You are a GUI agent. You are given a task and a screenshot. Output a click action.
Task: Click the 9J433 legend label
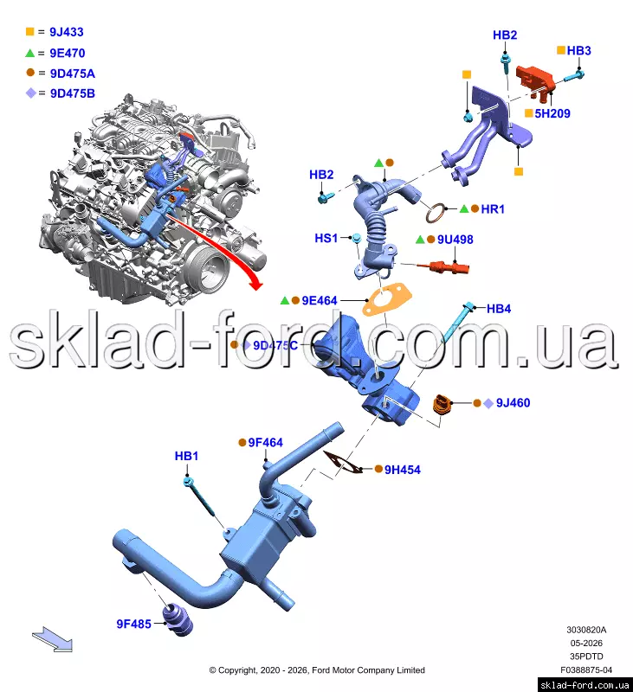pyautogui.click(x=67, y=32)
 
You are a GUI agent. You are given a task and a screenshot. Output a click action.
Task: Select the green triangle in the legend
pyautogui.click(x=29, y=53)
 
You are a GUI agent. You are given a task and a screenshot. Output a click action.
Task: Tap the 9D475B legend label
pyautogui.click(x=73, y=93)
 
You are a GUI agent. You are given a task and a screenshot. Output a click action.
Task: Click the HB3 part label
pyautogui.click(x=578, y=51)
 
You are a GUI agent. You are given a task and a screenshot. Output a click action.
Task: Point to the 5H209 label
pyautogui.click(x=552, y=113)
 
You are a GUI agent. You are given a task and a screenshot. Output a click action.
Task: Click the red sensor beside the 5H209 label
pyautogui.click(x=535, y=80)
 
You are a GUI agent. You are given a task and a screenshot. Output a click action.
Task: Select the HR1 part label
pyautogui.click(x=493, y=208)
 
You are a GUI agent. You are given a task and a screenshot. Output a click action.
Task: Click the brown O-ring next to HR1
pyautogui.click(x=436, y=213)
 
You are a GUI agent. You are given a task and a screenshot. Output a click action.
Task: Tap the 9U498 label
pyautogui.click(x=455, y=240)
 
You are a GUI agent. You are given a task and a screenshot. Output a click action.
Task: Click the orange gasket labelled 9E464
pyautogui.click(x=386, y=298)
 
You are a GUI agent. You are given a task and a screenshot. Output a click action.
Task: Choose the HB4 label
pyautogui.click(x=499, y=309)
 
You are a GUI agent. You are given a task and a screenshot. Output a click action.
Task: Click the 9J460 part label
pyautogui.click(x=513, y=403)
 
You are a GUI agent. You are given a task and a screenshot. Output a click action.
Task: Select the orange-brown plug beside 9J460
pyautogui.click(x=441, y=405)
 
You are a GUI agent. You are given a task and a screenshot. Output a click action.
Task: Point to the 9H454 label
pyautogui.click(x=403, y=470)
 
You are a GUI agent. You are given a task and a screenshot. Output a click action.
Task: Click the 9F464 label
pyautogui.click(x=265, y=443)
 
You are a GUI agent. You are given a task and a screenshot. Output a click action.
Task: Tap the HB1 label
pyautogui.click(x=186, y=456)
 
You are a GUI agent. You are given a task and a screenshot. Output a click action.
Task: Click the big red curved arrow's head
pyautogui.click(x=255, y=283)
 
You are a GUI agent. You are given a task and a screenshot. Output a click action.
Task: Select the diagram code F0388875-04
pyautogui.click(x=586, y=670)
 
